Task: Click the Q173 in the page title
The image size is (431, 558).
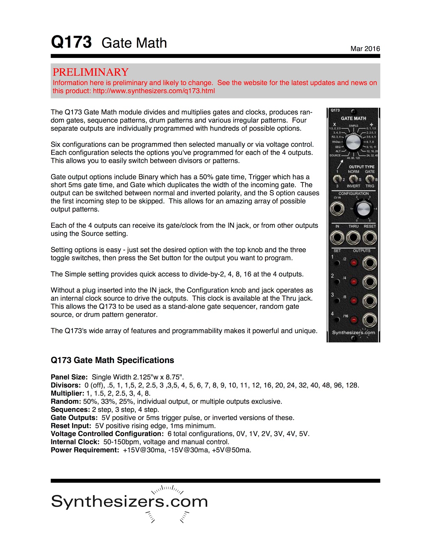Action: click(x=71, y=42)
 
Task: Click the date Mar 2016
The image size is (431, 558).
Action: click(x=365, y=49)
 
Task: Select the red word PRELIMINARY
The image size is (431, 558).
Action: click(x=90, y=72)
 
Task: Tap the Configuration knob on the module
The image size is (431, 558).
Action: click(x=363, y=209)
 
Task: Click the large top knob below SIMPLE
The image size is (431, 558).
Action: click(x=353, y=143)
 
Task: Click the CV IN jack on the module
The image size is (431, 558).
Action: click(x=337, y=209)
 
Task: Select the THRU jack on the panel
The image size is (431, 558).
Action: click(x=353, y=238)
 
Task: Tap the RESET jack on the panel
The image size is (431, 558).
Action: click(x=369, y=238)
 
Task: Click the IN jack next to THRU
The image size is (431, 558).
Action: click(x=337, y=238)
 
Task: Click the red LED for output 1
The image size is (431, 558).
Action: click(x=354, y=263)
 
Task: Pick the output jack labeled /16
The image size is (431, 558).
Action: click(x=369, y=320)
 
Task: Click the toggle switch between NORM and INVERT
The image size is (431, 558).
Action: click(x=353, y=179)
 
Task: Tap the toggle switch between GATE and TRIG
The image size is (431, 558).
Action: click(x=369, y=179)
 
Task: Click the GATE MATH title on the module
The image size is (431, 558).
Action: click(x=353, y=119)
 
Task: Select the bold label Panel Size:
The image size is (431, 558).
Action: click(x=69, y=377)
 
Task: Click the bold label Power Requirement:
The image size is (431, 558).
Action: click(x=85, y=450)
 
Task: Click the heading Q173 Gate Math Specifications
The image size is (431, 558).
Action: click(x=112, y=360)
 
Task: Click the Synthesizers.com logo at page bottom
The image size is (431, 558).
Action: click(x=129, y=502)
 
